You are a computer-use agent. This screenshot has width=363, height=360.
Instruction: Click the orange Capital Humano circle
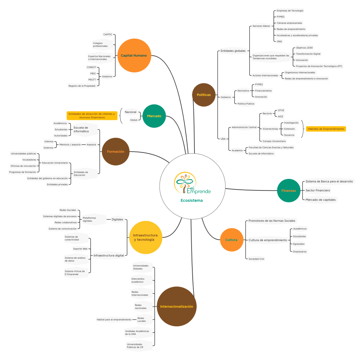[134, 55]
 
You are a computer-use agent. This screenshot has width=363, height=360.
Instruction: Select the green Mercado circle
[154, 116]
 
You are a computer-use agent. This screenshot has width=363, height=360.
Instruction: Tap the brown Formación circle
[116, 152]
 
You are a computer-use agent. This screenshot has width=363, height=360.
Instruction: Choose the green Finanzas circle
[288, 190]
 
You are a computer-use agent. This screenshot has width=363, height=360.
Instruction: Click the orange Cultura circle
[231, 240]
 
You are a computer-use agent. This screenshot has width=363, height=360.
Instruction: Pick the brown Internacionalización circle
[176, 306]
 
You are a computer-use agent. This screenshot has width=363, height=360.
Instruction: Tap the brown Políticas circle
[204, 95]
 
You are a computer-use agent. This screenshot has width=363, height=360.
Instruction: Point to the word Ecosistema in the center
[192, 201]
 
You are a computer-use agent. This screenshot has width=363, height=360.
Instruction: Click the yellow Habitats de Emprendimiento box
[326, 129]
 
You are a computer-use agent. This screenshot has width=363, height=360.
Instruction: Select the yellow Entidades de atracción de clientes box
[92, 116]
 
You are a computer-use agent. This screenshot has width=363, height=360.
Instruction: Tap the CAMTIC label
[108, 35]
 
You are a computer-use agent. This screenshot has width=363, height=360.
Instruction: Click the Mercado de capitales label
[321, 200]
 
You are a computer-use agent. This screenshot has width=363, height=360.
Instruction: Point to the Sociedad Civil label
[256, 259]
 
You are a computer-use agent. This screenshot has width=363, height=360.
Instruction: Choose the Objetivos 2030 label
[304, 48]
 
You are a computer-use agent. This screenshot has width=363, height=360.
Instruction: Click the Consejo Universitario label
[274, 141]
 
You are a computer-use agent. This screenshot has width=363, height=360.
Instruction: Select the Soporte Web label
[80, 249]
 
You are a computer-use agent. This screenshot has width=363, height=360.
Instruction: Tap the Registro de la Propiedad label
[82, 86]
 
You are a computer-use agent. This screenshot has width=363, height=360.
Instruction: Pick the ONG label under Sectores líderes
[279, 41]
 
